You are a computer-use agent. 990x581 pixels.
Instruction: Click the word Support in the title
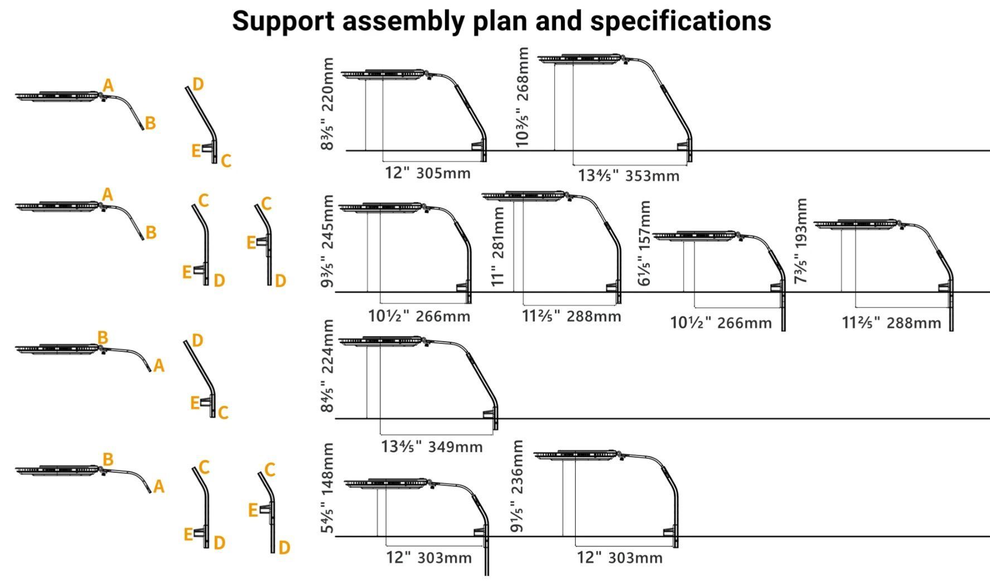pyautogui.click(x=283, y=22)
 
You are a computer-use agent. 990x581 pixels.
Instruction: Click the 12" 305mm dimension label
pyautogui.click(x=428, y=173)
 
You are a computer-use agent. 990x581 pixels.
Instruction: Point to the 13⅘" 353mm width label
pyautogui.click(x=629, y=176)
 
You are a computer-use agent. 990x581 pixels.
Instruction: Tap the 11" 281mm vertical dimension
pyautogui.click(x=498, y=246)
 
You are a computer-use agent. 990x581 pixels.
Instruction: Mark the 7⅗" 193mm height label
pyautogui.click(x=801, y=240)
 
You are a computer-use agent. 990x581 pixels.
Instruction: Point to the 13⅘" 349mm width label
pyautogui.click(x=432, y=447)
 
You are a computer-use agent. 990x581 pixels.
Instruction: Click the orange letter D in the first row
pyautogui.click(x=197, y=84)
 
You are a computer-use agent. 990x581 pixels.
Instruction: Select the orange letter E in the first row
pyautogui.click(x=196, y=151)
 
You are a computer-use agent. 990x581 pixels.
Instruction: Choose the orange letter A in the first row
pyautogui.click(x=108, y=85)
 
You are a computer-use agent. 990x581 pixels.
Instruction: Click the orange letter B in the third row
pyautogui.click(x=103, y=337)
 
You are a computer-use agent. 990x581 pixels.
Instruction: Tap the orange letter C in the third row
pyautogui.click(x=223, y=413)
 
